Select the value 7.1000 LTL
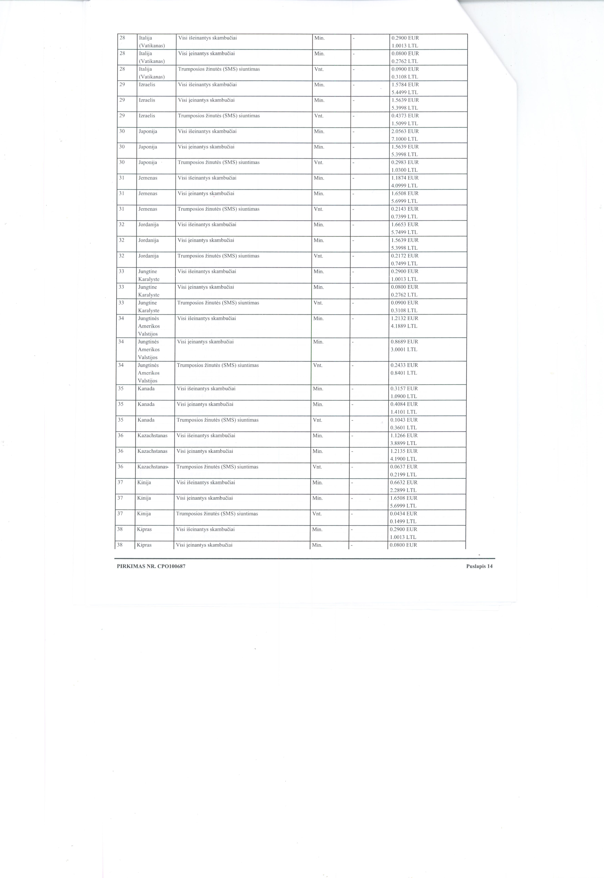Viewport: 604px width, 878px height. pyautogui.click(x=405, y=139)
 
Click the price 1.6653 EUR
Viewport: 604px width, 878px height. pyautogui.click(x=405, y=224)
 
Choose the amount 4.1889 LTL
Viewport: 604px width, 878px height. pyautogui.click(x=404, y=326)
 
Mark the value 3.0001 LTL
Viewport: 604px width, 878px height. pyautogui.click(x=404, y=349)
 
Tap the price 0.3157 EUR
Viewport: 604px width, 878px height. pyautogui.click(x=404, y=388)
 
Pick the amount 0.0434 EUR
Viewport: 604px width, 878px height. pyautogui.click(x=403, y=514)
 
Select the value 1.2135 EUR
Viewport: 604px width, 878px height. pyautogui.click(x=404, y=451)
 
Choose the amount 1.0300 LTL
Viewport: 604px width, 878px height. pyautogui.click(x=405, y=170)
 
